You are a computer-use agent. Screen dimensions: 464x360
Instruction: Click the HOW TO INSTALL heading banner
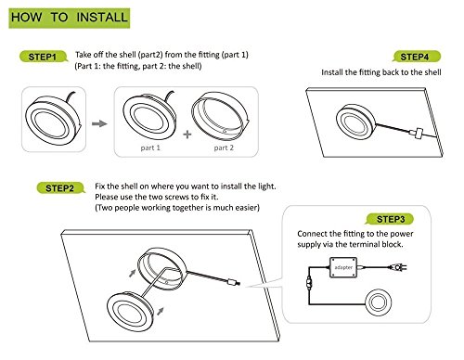(70, 19)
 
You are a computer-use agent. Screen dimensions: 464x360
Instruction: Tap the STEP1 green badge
(44, 57)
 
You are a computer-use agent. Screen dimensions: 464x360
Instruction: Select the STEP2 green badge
(60, 188)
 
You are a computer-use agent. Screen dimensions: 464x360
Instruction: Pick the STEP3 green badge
(390, 219)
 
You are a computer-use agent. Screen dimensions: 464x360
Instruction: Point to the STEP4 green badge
(417, 57)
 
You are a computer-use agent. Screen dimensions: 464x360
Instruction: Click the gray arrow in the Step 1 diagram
(99, 123)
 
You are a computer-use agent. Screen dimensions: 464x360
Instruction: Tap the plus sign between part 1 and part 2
(187, 135)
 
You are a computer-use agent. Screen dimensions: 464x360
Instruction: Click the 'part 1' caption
(150, 148)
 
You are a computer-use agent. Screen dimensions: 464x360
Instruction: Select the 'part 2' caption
(224, 148)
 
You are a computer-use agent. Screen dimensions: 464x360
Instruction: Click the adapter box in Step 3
(343, 267)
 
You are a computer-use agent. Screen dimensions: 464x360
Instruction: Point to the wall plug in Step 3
(398, 267)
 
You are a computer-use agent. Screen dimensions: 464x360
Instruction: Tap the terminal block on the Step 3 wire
(308, 282)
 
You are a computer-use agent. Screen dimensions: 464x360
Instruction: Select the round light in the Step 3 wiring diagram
(378, 302)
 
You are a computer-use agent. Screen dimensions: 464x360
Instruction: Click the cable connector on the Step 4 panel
(418, 133)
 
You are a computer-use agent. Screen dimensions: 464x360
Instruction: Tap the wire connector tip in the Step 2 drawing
(234, 282)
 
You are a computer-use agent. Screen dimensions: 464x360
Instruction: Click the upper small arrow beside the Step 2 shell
(132, 273)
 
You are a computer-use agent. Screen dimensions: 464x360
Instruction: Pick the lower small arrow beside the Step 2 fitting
(161, 311)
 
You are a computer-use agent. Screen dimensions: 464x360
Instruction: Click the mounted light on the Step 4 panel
(356, 122)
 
